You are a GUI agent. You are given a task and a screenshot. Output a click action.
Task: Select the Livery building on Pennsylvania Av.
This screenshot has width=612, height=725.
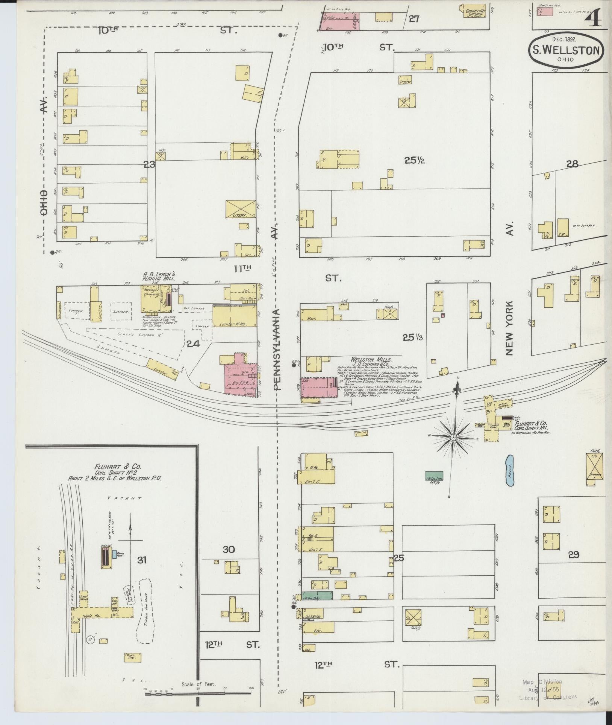(241, 209)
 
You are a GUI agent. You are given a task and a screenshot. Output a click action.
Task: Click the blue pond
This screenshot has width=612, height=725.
(509, 471)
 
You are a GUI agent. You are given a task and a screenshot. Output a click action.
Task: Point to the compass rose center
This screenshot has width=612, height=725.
(454, 438)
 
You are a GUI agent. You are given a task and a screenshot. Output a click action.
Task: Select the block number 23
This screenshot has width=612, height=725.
(150, 164)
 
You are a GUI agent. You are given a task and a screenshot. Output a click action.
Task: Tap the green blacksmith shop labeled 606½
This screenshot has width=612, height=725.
(434, 476)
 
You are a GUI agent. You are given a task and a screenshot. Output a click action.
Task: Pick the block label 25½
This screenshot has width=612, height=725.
(415, 160)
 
